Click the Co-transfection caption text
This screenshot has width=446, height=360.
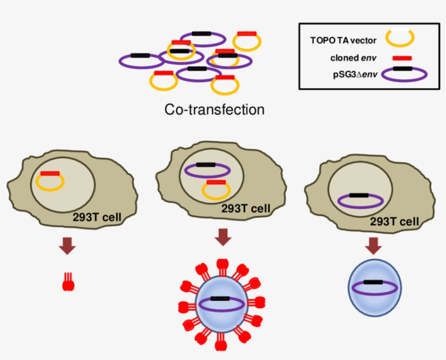tap(214, 110)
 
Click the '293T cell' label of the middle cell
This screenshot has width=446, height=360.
tap(246, 209)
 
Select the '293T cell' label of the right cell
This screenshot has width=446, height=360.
tap(394, 221)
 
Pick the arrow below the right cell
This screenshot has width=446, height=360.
tap(373, 246)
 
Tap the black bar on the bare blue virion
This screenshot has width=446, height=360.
tap(374, 282)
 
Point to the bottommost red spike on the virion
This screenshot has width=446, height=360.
tap(222, 342)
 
